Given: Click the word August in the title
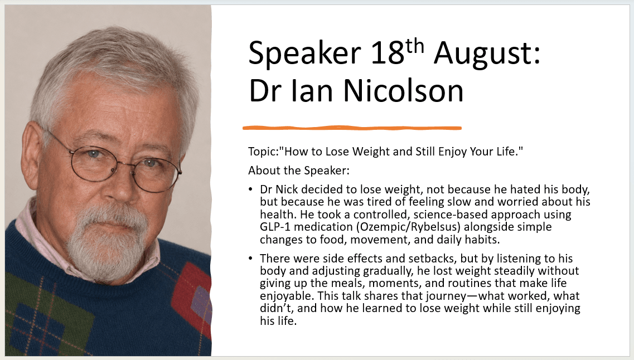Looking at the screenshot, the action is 487,53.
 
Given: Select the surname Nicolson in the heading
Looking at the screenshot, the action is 403,90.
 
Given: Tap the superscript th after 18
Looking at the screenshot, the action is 414,46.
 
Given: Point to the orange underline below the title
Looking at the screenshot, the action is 352,128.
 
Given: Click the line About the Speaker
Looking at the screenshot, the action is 299,171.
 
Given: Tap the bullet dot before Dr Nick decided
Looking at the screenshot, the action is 251,189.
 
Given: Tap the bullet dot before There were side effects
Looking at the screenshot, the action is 251,258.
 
